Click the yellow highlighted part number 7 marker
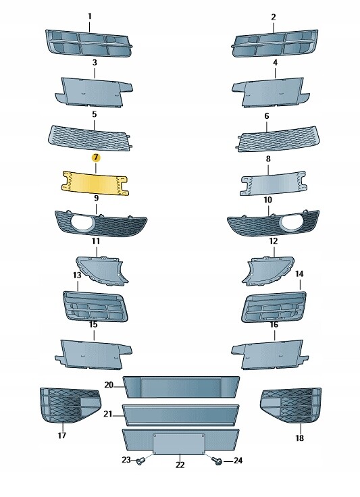[96, 157]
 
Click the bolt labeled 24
[217, 461]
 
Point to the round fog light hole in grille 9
[83, 222]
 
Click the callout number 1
[90, 16]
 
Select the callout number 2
[274, 17]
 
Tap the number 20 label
[109, 385]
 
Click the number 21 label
[108, 414]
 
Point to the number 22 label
[180, 465]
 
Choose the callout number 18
[299, 438]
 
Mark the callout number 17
[61, 435]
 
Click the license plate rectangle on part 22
[180, 444]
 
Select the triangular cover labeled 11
[102, 269]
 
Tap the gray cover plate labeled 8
[273, 184]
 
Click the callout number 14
[299, 273]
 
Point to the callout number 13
[77, 275]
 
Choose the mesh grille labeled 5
[90, 138]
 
